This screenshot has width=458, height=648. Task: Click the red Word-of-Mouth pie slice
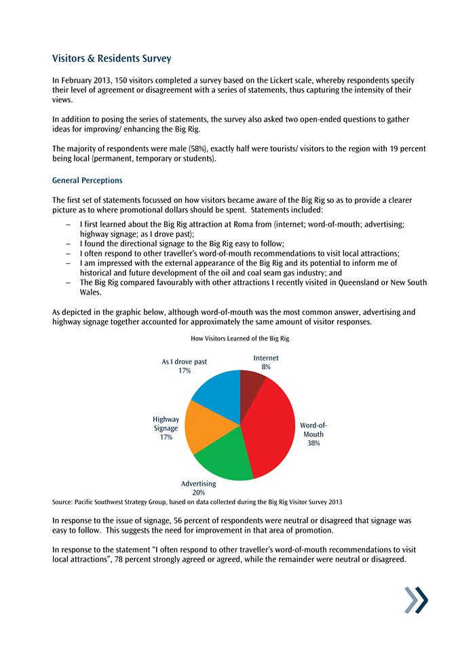(271, 427)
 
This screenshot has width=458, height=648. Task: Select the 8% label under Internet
(266, 366)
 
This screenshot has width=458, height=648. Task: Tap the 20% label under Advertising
(199, 493)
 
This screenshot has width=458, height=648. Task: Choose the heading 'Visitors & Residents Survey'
(116, 60)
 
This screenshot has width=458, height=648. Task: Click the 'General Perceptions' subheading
(87, 181)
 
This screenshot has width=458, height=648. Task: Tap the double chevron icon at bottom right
(416, 600)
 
